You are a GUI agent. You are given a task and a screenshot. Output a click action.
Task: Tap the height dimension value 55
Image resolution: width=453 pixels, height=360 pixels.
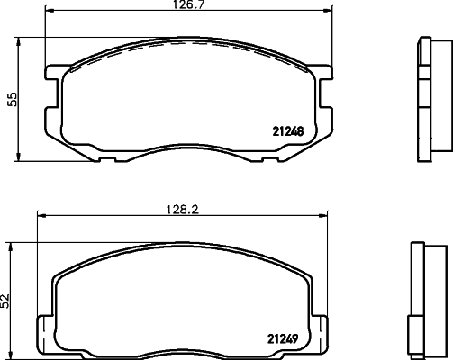coord(13,100)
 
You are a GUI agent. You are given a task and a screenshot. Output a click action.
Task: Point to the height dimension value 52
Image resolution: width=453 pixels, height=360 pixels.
coord(6,300)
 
